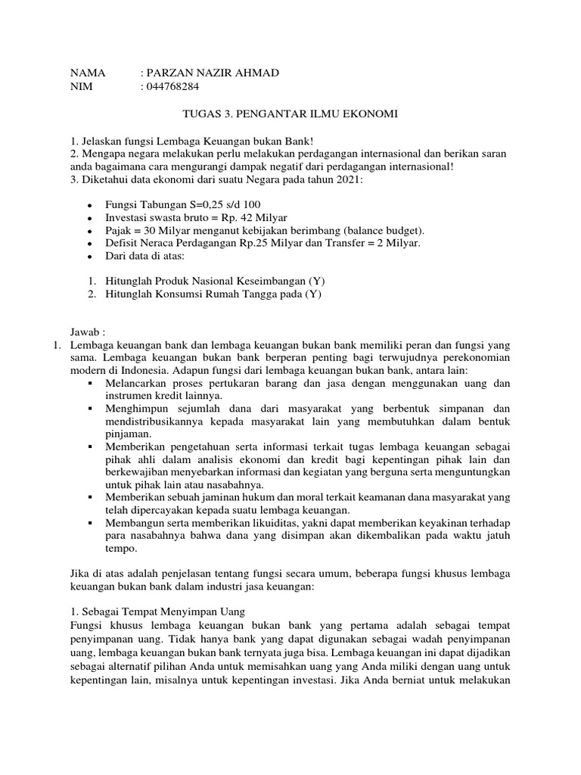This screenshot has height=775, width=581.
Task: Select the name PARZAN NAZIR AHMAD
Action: tap(213, 73)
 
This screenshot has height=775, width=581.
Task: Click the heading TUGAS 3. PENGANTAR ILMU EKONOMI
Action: tap(290, 114)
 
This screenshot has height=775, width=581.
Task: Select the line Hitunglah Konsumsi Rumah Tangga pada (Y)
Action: tap(213, 294)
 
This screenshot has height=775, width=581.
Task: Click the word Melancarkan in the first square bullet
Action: tap(138, 384)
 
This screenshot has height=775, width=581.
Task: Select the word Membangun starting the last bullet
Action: tap(134, 523)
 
